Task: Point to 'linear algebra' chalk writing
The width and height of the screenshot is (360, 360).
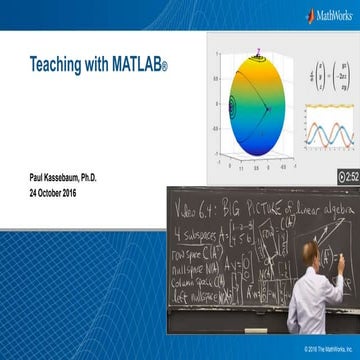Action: [x=314, y=202]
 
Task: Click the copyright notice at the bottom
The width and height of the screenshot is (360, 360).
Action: [x=321, y=348]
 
